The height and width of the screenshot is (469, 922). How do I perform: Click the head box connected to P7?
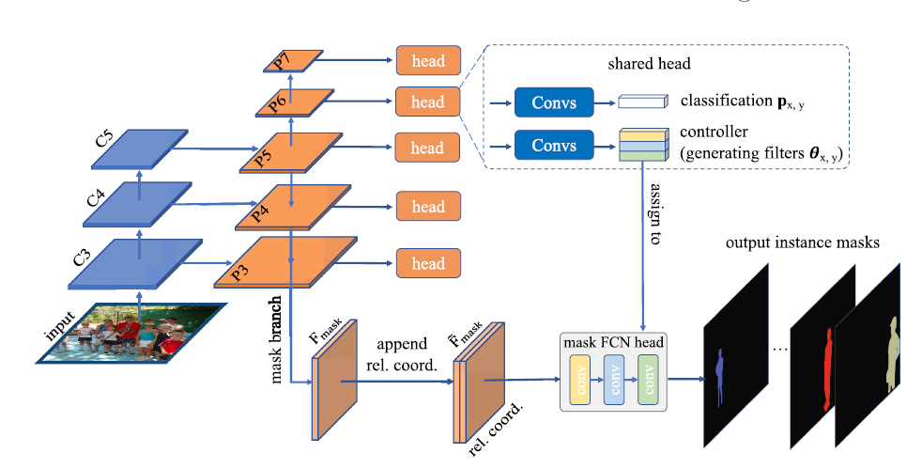click(x=427, y=60)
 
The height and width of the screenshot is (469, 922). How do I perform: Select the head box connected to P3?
click(x=427, y=263)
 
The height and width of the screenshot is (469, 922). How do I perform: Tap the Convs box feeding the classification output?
click(x=554, y=102)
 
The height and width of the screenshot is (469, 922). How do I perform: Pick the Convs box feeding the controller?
click(x=554, y=146)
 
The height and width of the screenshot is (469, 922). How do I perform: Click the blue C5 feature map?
click(x=138, y=149)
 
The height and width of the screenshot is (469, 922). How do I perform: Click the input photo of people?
click(x=131, y=332)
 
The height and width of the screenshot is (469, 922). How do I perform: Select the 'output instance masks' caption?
click(x=802, y=243)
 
